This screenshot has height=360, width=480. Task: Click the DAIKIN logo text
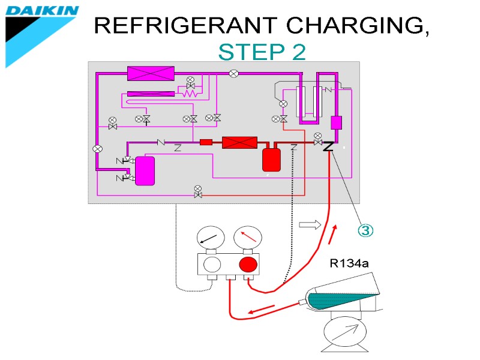(x=42, y=11)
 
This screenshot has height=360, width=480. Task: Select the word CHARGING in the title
(x=358, y=26)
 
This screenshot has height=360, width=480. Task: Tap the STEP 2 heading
(x=262, y=53)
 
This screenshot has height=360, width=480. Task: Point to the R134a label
(x=350, y=263)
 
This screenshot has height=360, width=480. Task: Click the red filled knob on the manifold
(x=248, y=265)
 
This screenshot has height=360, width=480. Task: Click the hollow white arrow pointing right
(x=310, y=224)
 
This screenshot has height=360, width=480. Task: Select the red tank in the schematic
(x=272, y=159)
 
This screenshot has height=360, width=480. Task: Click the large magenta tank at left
(x=145, y=170)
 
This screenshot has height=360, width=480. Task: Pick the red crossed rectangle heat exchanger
(x=239, y=142)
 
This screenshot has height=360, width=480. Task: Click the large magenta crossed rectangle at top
(x=151, y=73)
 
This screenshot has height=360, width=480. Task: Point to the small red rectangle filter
(x=206, y=142)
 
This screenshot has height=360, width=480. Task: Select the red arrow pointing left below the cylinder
(x=262, y=311)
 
